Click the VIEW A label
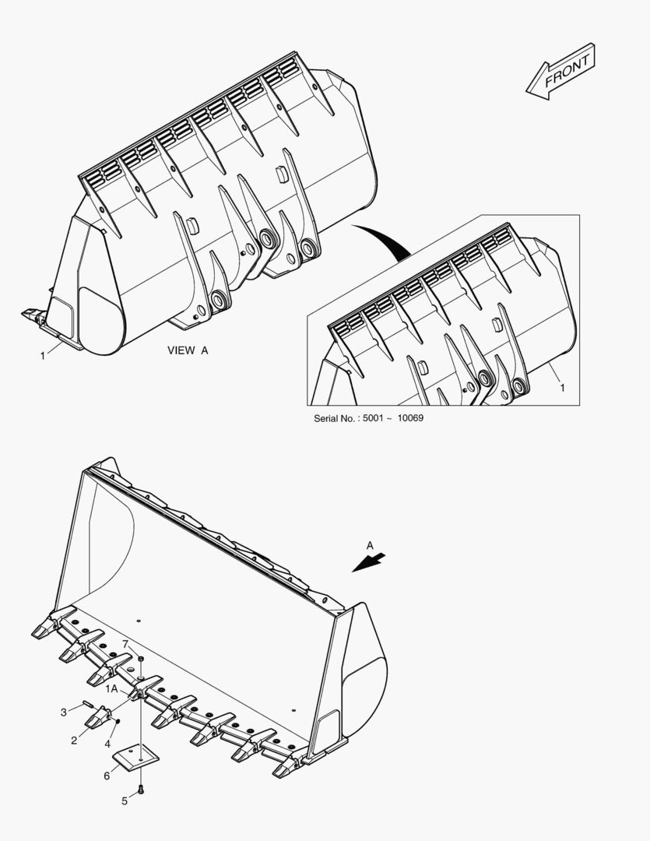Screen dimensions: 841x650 [x=188, y=350]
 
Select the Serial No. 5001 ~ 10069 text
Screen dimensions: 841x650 [x=368, y=418]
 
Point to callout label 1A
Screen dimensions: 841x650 [x=112, y=688]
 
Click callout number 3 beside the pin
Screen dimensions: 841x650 [x=64, y=712]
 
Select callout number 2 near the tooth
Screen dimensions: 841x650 [x=74, y=741]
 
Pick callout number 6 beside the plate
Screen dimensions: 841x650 [x=107, y=776]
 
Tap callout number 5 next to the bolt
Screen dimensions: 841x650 [x=124, y=801]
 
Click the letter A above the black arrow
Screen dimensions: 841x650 [x=370, y=544]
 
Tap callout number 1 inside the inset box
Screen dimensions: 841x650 [x=562, y=387]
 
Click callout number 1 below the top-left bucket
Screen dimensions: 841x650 [x=42, y=356]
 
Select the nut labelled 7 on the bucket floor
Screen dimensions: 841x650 [x=141, y=660]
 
